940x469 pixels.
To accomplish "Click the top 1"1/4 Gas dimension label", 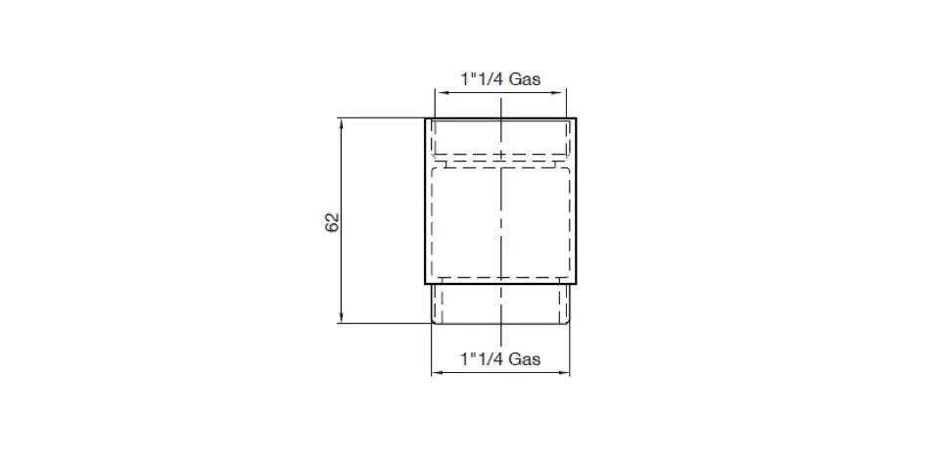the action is (x=500, y=78).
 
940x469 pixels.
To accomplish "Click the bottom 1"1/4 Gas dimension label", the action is (x=500, y=358).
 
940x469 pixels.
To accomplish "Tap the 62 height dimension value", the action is (x=332, y=222).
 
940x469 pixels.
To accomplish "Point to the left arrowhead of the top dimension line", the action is (x=440, y=92).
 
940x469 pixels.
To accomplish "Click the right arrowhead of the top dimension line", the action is (x=561, y=92).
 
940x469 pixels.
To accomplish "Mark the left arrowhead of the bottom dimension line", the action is (x=437, y=373).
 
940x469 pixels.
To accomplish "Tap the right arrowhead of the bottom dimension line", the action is (x=564, y=373).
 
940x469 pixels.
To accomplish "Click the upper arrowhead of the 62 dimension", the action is (x=341, y=123).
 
